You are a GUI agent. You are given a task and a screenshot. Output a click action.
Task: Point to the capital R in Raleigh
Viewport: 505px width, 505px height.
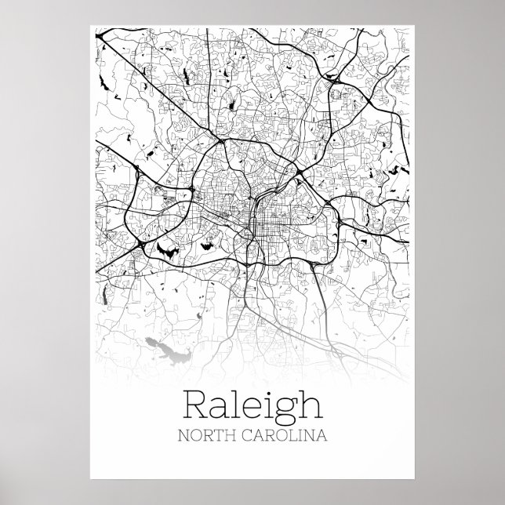(194, 404)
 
